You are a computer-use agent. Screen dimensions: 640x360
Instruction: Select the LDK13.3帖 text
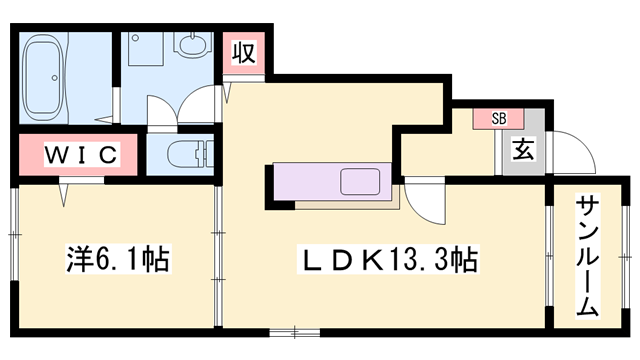click(389, 262)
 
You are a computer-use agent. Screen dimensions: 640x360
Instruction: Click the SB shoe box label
click(498, 119)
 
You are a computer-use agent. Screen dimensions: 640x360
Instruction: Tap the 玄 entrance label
click(522, 151)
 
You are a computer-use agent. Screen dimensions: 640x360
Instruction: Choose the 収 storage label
click(241, 53)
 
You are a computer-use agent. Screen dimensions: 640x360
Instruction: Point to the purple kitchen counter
click(310, 183)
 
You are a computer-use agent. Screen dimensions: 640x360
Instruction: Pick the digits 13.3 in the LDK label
click(420, 262)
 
